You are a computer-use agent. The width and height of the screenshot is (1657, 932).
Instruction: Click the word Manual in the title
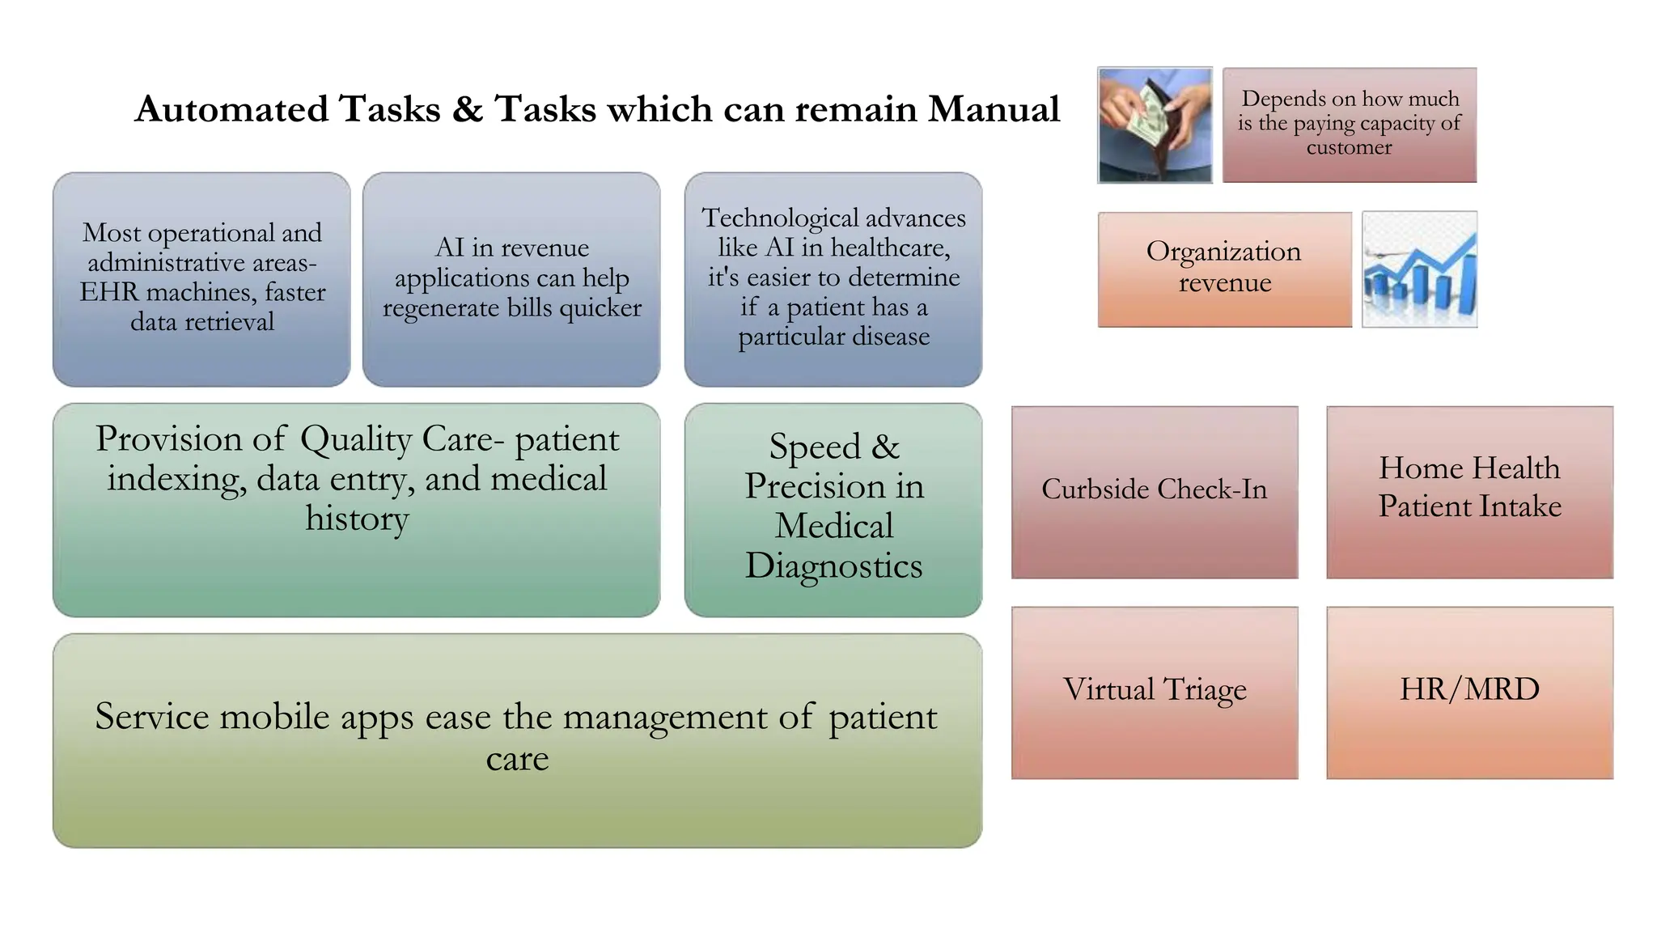pyautogui.click(x=993, y=109)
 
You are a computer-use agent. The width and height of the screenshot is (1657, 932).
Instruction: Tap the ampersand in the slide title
pyautogui.click(x=467, y=109)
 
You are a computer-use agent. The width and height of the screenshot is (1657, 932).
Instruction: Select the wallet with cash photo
pyautogui.click(x=1155, y=125)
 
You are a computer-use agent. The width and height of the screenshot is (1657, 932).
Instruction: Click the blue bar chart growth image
pyautogui.click(x=1419, y=269)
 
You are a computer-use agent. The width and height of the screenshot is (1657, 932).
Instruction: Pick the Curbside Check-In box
pyautogui.click(x=1154, y=492)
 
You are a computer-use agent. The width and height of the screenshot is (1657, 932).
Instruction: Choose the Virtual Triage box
pyautogui.click(x=1154, y=693)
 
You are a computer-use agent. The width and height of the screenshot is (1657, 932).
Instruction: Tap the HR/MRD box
pyautogui.click(x=1469, y=693)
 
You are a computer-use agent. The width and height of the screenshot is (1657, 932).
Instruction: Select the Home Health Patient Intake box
pyautogui.click(x=1469, y=492)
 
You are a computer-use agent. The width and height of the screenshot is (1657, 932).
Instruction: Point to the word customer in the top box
pyautogui.click(x=1349, y=148)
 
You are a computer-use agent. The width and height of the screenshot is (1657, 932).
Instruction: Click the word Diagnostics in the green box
pyautogui.click(x=833, y=566)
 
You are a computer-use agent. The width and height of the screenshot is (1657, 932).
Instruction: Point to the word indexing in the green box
pyautogui.click(x=176, y=479)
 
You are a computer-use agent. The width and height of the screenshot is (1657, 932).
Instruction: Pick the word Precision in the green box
pyautogui.click(x=816, y=486)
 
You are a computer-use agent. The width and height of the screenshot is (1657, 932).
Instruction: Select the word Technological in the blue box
pyautogui.click(x=768, y=218)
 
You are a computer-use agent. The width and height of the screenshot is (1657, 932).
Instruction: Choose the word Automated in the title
pyautogui.click(x=231, y=109)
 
